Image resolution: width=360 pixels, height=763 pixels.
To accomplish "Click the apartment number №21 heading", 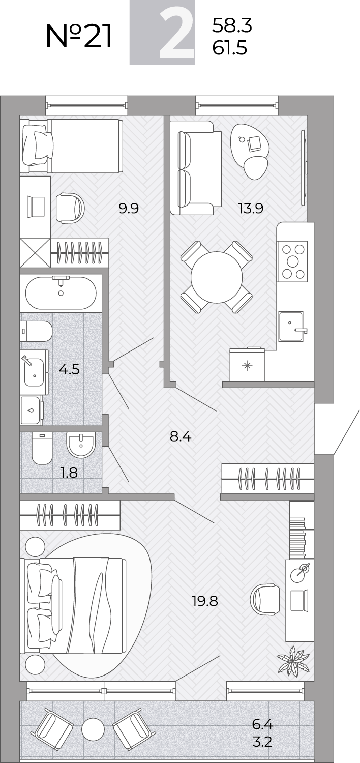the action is pyautogui.click(x=79, y=36).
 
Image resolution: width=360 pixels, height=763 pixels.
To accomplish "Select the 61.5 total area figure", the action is pyautogui.click(x=229, y=48).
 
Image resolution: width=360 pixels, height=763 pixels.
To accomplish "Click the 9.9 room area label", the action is pyautogui.click(x=129, y=208).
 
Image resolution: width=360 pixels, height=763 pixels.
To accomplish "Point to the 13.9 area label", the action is pyautogui.click(x=251, y=208).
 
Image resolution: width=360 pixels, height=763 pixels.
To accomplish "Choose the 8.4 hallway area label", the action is pyautogui.click(x=181, y=436).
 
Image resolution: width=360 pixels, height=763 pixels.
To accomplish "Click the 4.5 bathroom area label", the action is pyautogui.click(x=69, y=369).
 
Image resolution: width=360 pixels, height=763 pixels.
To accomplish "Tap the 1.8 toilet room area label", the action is pyautogui.click(x=69, y=473).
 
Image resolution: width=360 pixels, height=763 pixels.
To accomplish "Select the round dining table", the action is pyautogui.click(x=217, y=277).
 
